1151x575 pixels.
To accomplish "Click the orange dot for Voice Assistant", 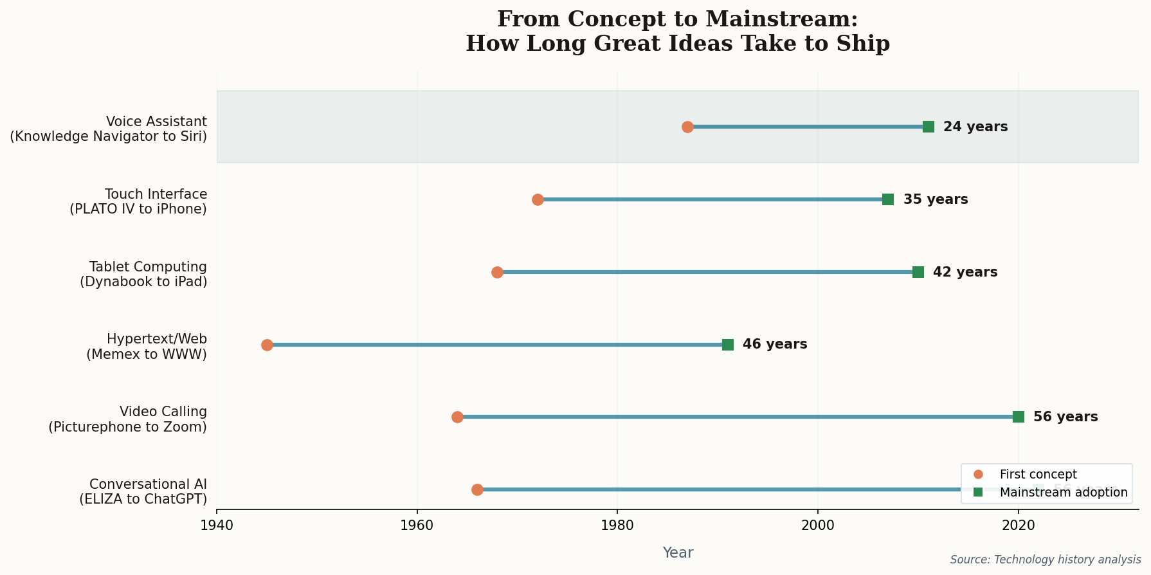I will (687, 127).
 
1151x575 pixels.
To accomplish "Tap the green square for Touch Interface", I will (888, 199).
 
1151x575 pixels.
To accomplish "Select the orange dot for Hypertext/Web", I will (267, 345).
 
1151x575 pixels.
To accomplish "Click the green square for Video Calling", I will (1019, 417).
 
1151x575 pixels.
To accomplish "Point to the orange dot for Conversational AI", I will (477, 489).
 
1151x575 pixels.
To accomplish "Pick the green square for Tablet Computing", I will (918, 272).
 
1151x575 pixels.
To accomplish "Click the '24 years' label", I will (975, 127).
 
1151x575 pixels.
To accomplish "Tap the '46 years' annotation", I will (774, 345).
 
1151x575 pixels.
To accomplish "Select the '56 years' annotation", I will (1065, 417).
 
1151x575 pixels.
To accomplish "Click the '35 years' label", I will (935, 199).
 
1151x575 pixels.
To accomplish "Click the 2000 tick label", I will (818, 525).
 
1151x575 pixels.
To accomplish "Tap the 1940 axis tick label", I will (217, 525).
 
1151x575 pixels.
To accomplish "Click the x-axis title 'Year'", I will (678, 553).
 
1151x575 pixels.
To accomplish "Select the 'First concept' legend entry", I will (1037, 475).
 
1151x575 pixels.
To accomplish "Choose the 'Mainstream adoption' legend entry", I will (1063, 493).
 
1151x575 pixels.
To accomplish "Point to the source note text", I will (1045, 560).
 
